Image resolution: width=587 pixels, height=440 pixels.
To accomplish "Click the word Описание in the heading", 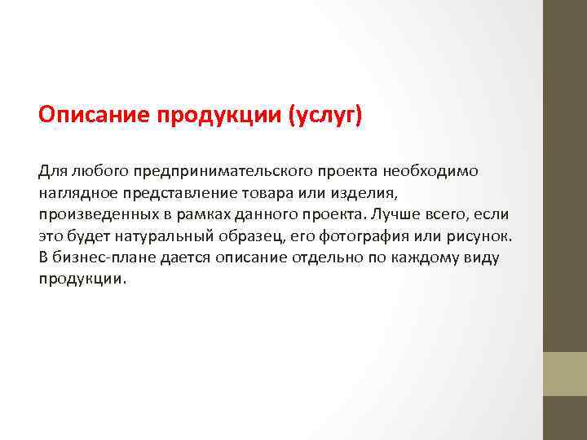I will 87,115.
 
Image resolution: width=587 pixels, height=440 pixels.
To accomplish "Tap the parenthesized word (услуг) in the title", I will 325,115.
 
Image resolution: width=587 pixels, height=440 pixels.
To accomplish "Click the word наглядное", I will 76,193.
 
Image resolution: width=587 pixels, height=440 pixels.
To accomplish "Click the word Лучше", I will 394,214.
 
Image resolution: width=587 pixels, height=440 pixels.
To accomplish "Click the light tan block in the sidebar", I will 565,373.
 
